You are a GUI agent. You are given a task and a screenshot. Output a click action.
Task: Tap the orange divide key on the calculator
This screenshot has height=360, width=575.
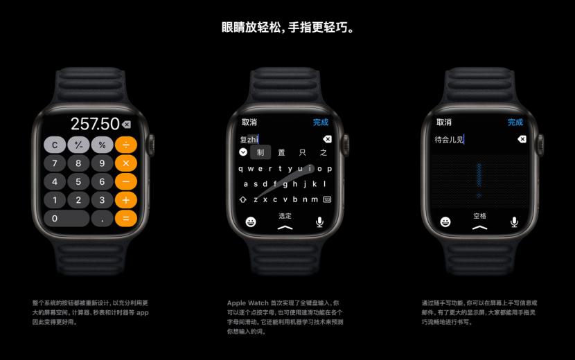(125, 145)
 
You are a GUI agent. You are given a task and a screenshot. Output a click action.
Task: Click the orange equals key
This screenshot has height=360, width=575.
(125, 218)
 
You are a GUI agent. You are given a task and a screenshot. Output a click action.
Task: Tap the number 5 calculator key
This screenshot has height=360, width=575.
(78, 181)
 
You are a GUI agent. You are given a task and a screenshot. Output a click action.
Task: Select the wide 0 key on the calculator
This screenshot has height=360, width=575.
(67, 218)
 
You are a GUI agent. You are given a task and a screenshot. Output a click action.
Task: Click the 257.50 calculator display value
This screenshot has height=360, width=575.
(95, 124)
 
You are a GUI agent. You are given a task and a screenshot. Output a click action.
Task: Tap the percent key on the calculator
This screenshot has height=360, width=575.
(102, 145)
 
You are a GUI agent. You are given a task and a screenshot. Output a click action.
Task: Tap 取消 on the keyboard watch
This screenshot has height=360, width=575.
(249, 123)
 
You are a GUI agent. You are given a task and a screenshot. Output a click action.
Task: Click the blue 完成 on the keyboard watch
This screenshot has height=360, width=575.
(320, 123)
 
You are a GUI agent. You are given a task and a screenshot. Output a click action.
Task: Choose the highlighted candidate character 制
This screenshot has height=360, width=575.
(260, 152)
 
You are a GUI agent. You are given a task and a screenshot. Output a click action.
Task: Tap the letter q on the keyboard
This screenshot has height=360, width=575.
(240, 168)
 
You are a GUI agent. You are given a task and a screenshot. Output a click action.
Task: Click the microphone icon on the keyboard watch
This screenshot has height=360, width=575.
(320, 222)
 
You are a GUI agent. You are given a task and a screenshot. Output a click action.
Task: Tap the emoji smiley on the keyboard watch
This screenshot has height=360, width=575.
(251, 222)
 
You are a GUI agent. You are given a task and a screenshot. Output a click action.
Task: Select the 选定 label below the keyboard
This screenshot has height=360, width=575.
(285, 216)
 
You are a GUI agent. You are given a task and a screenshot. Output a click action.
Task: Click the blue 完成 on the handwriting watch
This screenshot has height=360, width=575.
(515, 123)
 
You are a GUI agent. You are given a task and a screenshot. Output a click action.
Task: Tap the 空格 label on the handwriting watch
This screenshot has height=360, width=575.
(479, 216)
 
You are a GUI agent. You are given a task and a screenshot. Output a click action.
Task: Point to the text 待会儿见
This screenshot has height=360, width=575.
(448, 139)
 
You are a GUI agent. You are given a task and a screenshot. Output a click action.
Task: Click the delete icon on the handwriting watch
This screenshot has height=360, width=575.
(522, 139)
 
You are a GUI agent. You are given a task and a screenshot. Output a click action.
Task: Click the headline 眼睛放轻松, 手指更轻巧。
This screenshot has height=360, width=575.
(287, 28)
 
